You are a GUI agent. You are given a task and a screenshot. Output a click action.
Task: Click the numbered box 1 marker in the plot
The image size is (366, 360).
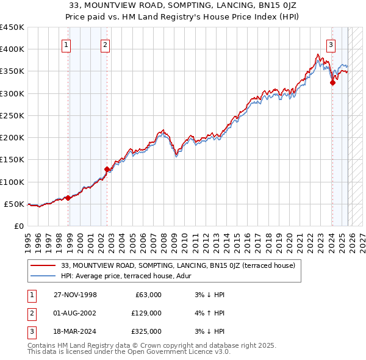point(65,44)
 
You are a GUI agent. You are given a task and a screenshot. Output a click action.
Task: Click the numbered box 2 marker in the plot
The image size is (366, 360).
point(105,44)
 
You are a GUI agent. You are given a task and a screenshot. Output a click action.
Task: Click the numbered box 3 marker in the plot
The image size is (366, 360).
point(331,44)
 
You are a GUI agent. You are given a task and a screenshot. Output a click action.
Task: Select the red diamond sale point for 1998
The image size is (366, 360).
point(68,198)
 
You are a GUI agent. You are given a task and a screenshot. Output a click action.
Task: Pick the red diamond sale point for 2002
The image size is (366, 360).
point(107,169)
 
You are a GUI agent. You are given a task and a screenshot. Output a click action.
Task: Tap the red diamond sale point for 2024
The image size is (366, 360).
point(332,83)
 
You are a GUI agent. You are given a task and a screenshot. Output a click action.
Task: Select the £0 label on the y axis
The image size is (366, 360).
point(18,226)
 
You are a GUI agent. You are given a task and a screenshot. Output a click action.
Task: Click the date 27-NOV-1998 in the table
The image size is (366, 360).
point(74,295)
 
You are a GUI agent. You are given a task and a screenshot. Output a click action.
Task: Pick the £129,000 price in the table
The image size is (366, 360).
point(146,313)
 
